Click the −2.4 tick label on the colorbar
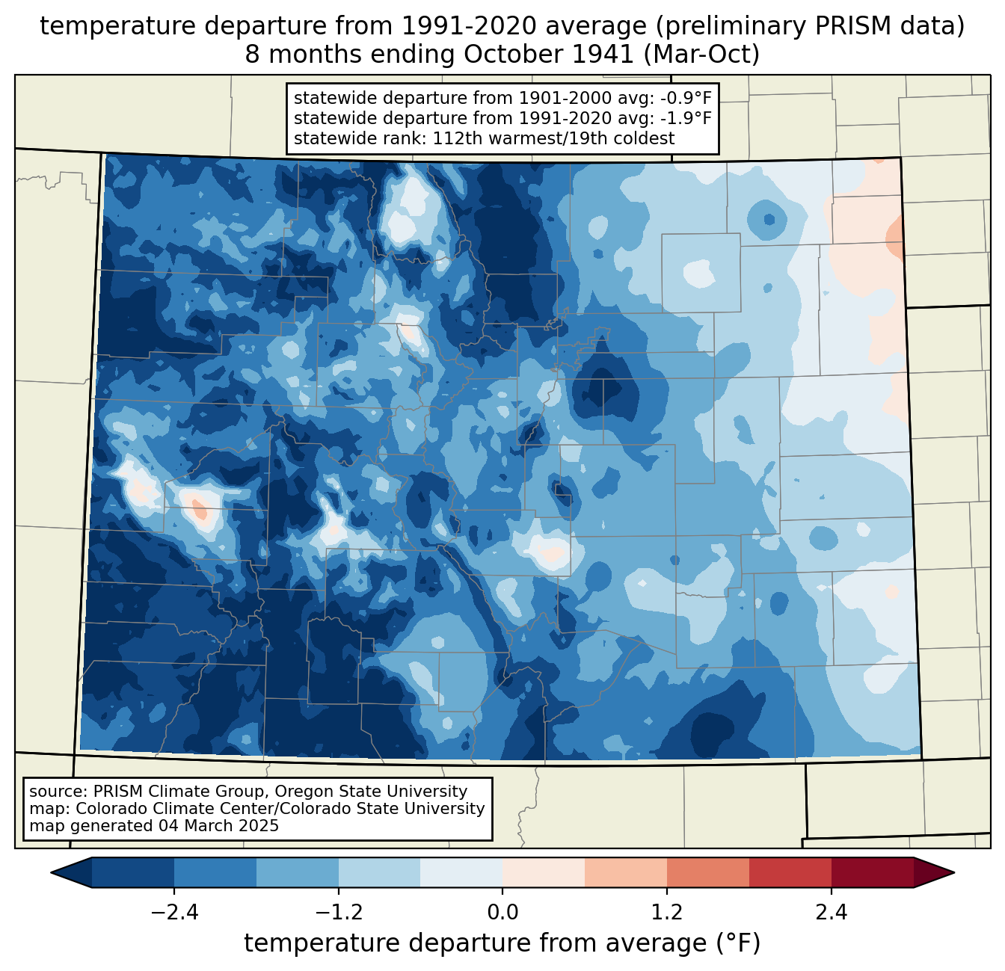174,913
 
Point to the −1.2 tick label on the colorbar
338,913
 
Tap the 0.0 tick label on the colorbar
502,913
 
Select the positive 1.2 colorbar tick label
667,913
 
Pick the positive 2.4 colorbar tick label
831,913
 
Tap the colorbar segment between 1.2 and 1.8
707,872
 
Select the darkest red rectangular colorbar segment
872,872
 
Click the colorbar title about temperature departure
502,943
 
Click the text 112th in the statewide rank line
453,138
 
